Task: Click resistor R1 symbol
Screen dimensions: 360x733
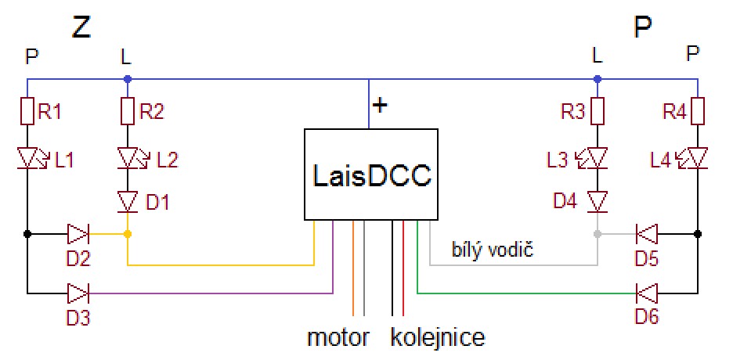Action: pos(28,112)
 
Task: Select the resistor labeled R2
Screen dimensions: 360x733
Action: pos(128,112)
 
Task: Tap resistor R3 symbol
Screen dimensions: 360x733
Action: pos(598,112)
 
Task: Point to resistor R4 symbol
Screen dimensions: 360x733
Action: pos(698,112)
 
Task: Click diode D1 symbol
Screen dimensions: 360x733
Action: pos(128,202)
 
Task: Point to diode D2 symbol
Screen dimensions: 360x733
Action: pos(78,233)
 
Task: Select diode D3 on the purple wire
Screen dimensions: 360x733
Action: pos(78,294)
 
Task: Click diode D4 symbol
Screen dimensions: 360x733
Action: pos(598,202)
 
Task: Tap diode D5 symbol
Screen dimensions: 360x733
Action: pos(647,233)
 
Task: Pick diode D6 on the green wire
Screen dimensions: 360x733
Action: pos(647,294)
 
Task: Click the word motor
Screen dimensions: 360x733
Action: pos(338,338)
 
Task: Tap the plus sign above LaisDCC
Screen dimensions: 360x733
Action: pos(380,105)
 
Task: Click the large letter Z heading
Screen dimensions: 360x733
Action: pos(81,27)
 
